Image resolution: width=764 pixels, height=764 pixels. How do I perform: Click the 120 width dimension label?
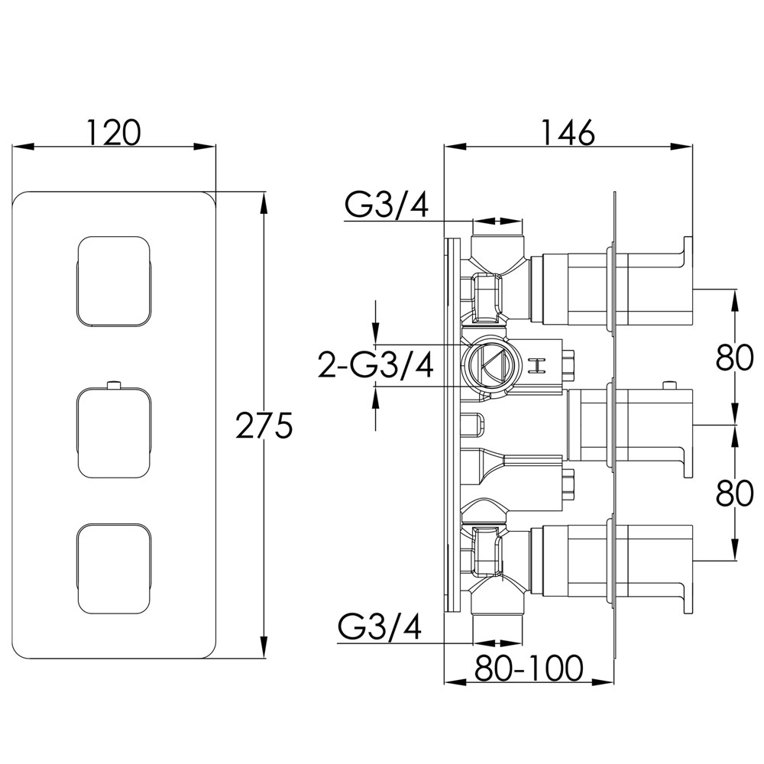[x=114, y=132]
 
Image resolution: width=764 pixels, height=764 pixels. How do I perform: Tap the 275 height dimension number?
[x=264, y=426]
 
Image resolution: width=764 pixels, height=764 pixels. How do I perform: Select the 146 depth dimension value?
[x=568, y=132]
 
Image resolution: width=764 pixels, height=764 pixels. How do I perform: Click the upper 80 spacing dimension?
[x=735, y=358]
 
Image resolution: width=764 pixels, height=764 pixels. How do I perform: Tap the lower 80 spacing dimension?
[x=735, y=494]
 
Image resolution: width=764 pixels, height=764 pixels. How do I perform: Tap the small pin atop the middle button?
[x=114, y=386]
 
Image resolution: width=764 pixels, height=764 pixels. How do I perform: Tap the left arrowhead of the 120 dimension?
[x=23, y=146]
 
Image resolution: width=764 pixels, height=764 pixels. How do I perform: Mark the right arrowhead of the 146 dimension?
[x=681, y=146]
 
